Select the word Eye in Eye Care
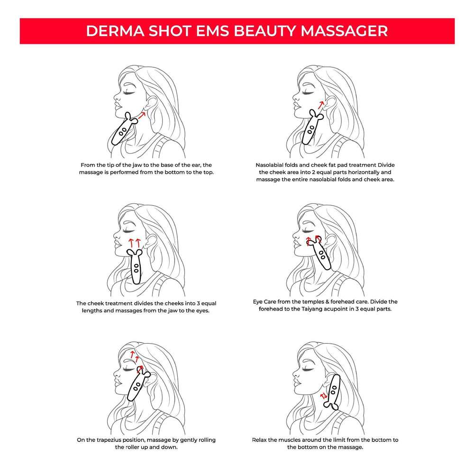tap(260, 302)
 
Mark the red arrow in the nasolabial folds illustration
tap(321, 104)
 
